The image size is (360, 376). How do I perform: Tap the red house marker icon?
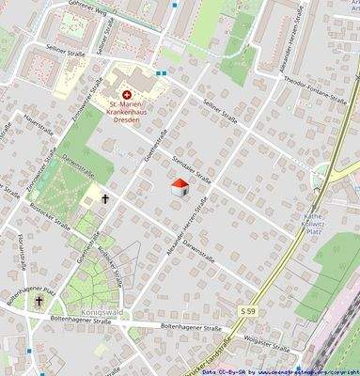[x=180, y=188]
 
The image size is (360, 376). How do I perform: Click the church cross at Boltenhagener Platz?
[x=39, y=301]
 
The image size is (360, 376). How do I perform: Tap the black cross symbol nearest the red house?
[x=105, y=198]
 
